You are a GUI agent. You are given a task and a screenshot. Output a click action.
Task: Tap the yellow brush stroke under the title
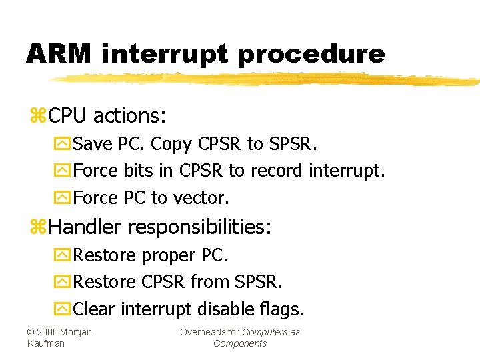coord(267,79)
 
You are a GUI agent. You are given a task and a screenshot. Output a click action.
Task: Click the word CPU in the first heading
coord(68,116)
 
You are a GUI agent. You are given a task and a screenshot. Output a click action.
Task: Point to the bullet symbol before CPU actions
coord(37,117)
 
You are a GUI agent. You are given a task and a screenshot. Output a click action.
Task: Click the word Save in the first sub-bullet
coord(93,144)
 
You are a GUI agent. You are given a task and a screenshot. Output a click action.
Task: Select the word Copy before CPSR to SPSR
coord(172,144)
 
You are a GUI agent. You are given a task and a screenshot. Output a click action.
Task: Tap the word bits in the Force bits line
coord(138,171)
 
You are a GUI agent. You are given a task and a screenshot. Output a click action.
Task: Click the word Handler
coord(85,227)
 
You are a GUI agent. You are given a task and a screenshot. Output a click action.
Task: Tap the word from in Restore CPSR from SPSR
coord(210,282)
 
